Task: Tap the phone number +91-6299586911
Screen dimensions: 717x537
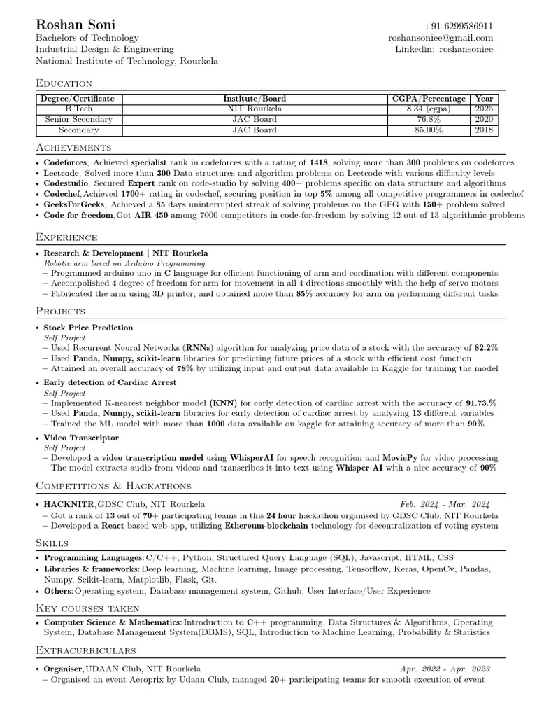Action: tap(458, 26)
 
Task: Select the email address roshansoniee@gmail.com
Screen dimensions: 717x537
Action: tap(441, 38)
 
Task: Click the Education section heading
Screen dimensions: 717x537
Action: tap(64, 83)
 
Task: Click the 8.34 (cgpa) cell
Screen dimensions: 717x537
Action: tap(429, 109)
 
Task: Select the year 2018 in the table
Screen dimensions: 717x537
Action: tap(483, 130)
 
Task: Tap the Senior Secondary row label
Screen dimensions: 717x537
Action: tap(78, 120)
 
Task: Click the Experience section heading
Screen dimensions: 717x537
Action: tap(66, 237)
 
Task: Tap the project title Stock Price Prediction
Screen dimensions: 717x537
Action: tap(88, 328)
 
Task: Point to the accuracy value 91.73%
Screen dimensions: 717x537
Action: tap(481, 403)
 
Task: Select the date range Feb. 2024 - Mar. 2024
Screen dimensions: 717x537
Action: tap(445, 504)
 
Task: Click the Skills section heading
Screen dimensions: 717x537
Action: tap(52, 543)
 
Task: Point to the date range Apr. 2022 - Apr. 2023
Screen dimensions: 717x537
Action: tap(445, 669)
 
